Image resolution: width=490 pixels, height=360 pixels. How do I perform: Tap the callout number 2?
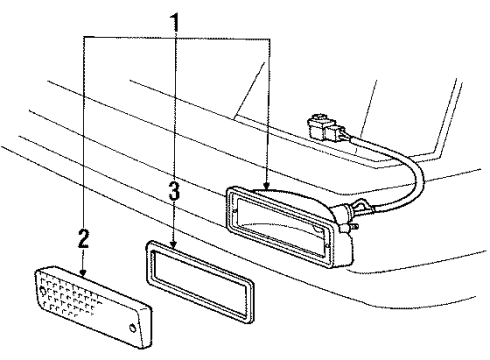[x=83, y=239]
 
